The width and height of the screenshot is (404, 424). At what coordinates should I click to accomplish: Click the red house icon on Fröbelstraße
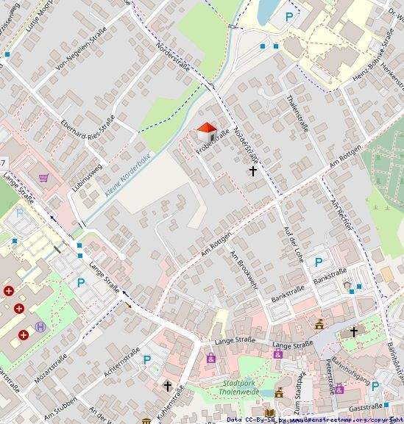(x=207, y=132)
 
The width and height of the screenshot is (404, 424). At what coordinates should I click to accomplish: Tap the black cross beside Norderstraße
(x=254, y=171)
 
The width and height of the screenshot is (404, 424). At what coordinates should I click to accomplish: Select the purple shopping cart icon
(x=44, y=177)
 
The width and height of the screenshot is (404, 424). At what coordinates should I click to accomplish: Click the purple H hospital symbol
(x=40, y=326)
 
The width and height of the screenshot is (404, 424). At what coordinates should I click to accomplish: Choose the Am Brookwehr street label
(x=244, y=269)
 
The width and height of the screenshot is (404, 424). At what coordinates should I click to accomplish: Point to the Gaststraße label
(x=365, y=406)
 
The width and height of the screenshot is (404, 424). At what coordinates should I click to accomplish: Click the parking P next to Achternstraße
(x=147, y=360)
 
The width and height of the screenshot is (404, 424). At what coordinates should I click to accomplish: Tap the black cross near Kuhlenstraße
(x=168, y=385)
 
